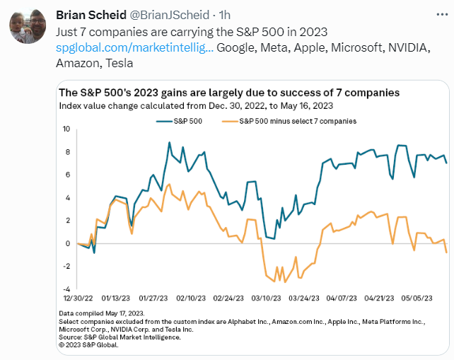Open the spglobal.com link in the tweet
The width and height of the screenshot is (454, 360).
[x=134, y=47]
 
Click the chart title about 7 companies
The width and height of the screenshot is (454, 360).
[x=229, y=93]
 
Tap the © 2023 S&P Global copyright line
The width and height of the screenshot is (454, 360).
[x=88, y=344]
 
